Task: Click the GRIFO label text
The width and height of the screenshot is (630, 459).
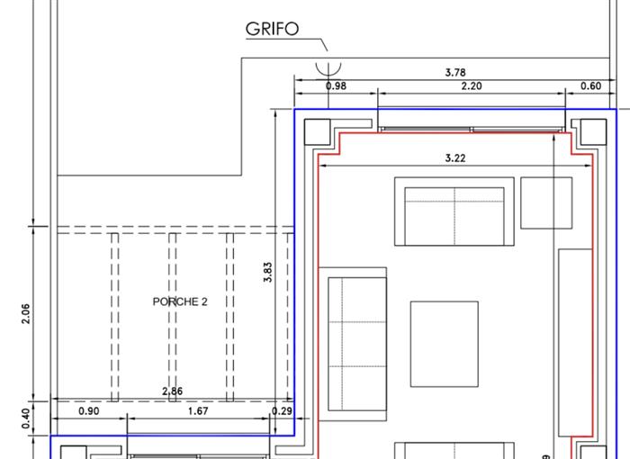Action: click(x=272, y=29)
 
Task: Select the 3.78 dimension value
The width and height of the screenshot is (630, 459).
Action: click(x=455, y=72)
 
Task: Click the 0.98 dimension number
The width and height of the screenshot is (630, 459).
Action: click(x=336, y=86)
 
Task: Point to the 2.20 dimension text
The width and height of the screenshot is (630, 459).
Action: click(x=471, y=86)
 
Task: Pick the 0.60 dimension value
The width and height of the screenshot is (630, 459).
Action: click(x=590, y=86)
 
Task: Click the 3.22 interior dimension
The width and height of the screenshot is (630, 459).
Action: click(x=455, y=158)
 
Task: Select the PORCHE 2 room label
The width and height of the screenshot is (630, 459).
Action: click(x=180, y=301)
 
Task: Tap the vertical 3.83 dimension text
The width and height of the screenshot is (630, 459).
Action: click(x=267, y=273)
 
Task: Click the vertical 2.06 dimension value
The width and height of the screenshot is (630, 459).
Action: click(x=26, y=313)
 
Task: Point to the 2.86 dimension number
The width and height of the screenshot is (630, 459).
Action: click(x=172, y=391)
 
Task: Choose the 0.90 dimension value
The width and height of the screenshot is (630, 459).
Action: click(x=89, y=411)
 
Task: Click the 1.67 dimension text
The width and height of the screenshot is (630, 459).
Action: click(x=196, y=411)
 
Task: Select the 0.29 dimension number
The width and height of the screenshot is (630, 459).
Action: click(x=282, y=411)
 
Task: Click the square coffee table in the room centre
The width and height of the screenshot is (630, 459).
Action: click(x=445, y=344)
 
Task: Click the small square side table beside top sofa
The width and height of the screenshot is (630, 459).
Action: click(x=546, y=202)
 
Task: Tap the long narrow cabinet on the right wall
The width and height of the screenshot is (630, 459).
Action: click(x=575, y=342)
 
